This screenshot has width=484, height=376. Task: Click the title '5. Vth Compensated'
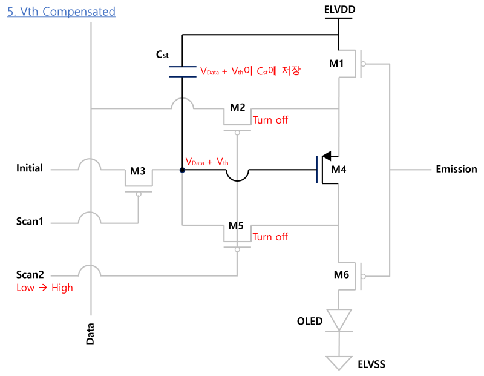(61, 12)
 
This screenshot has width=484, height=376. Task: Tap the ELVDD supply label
(339, 9)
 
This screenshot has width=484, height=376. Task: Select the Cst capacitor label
(162, 54)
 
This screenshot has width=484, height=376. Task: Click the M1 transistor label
(336, 64)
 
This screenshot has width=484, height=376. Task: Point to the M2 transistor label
(238, 107)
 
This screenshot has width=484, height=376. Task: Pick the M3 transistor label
(138, 171)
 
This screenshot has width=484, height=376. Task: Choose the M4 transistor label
(339, 170)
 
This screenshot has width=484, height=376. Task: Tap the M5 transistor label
(236, 225)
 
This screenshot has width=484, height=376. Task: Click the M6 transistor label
(341, 274)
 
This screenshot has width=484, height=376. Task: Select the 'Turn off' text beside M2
(270, 120)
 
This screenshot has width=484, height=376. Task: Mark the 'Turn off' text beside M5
(270, 237)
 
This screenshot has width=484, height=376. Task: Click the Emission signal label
(456, 169)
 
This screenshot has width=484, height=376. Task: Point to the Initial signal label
(29, 168)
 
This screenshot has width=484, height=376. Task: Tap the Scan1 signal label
(30, 221)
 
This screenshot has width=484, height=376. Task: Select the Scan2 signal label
(30, 274)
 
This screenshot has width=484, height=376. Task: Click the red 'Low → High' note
(45, 288)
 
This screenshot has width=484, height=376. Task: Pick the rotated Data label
(90, 334)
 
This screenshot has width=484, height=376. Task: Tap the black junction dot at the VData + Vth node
(182, 170)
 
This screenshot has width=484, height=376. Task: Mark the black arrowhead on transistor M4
(327, 156)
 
